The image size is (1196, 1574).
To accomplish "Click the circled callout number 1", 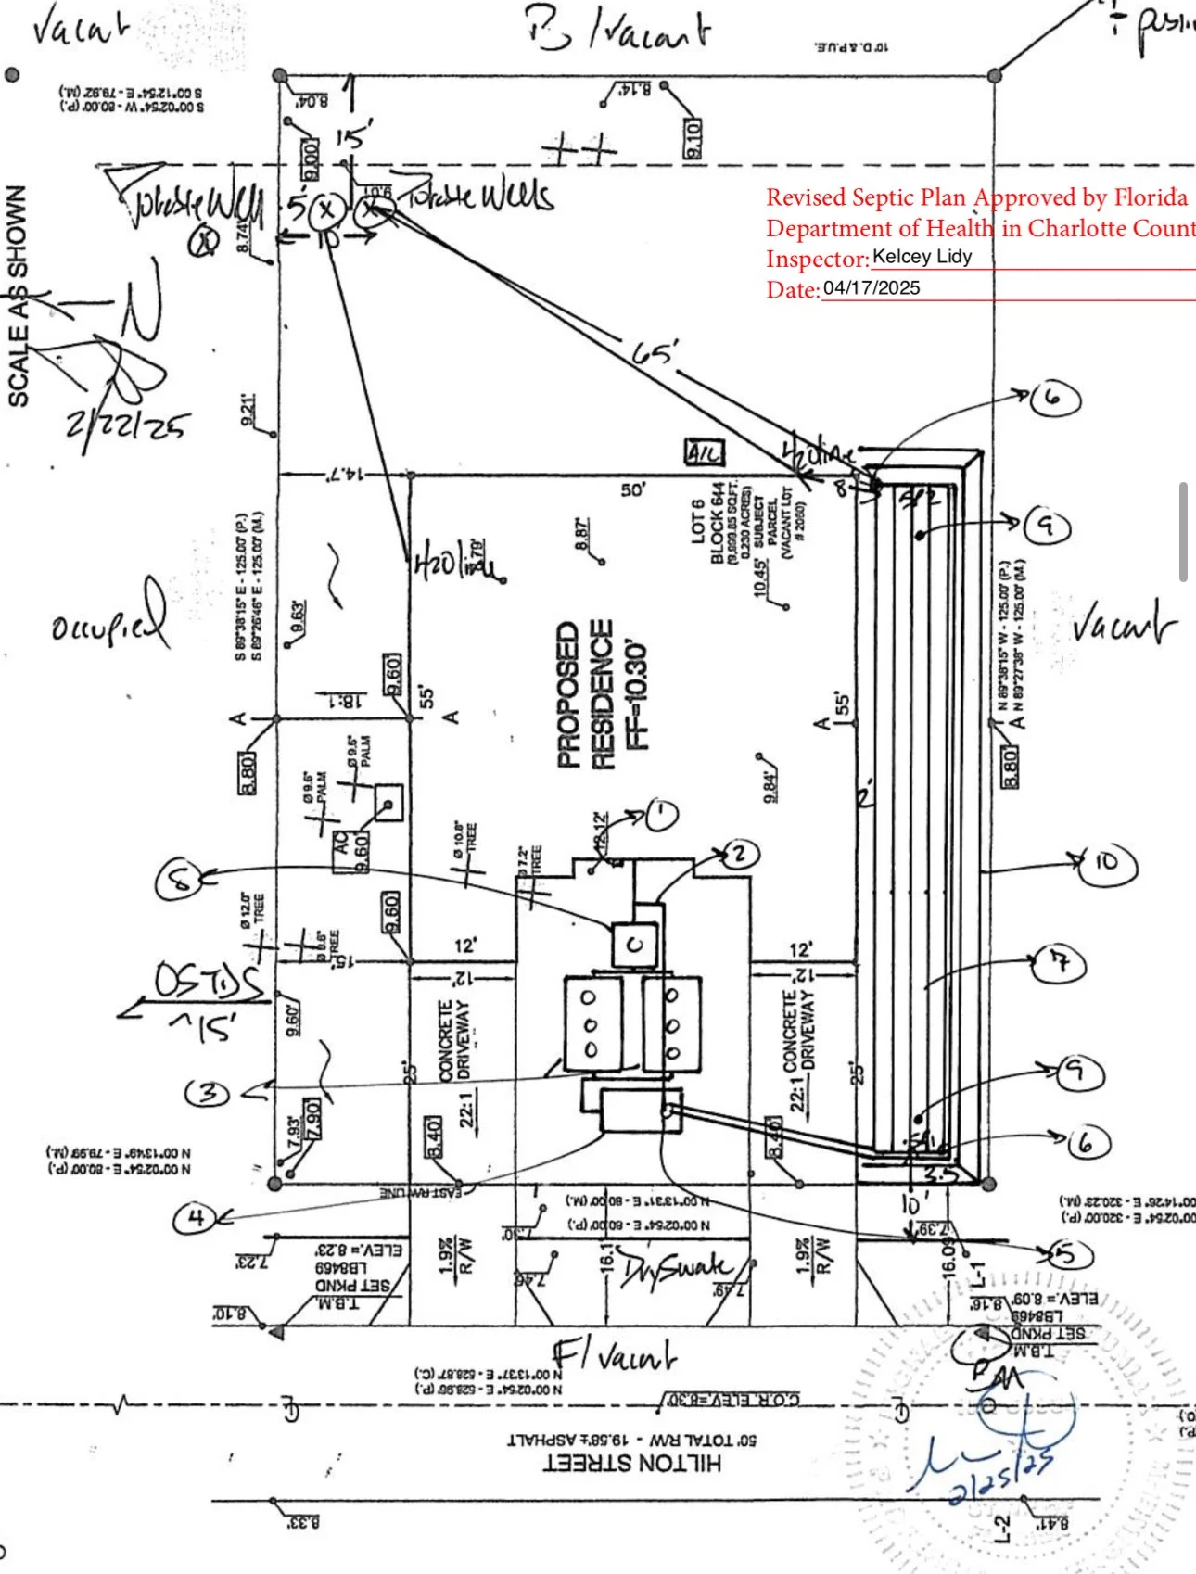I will pyautogui.click(x=662, y=815).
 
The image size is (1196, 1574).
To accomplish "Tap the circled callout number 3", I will pyautogui.click(x=208, y=1093).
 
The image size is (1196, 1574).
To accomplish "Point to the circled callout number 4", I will pyautogui.click(x=196, y=1217).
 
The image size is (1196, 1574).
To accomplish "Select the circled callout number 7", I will pyautogui.click(x=1059, y=963).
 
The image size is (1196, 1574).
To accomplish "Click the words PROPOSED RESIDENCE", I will pyautogui.click(x=586, y=695).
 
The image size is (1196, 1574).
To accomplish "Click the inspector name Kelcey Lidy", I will pyautogui.click(x=922, y=257).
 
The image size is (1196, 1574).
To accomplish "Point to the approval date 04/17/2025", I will pyautogui.click(x=872, y=288).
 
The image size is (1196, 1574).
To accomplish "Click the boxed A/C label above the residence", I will pyautogui.click(x=704, y=453).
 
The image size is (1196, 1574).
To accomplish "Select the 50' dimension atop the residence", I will pyautogui.click(x=633, y=489).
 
